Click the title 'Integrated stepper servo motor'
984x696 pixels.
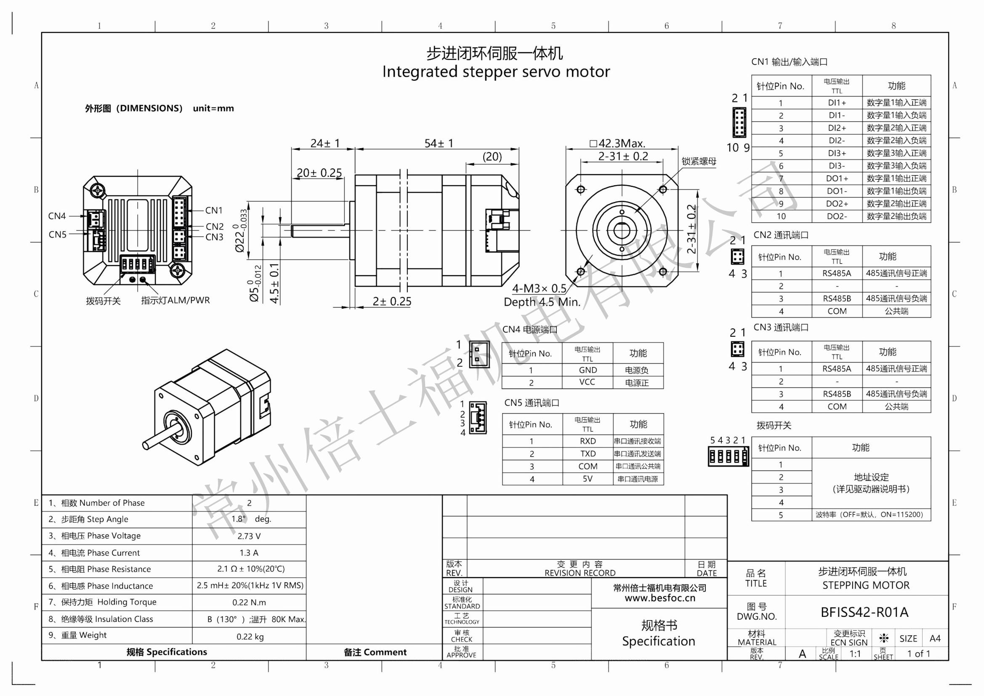[496, 72]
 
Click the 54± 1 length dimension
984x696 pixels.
[439, 143]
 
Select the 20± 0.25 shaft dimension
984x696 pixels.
[319, 173]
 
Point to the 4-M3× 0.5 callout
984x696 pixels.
[539, 288]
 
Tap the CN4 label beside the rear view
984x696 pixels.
[57, 216]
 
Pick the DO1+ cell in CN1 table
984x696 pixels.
[837, 179]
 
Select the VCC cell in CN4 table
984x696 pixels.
[587, 382]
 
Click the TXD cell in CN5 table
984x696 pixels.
[588, 454]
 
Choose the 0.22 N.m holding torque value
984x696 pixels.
[249, 603]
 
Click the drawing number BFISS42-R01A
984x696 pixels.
[864, 612]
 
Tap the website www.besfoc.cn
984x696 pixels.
[660, 598]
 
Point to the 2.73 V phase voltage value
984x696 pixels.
[249, 536]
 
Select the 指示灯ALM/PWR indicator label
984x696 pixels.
[175, 300]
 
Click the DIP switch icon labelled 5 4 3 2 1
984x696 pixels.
[728, 456]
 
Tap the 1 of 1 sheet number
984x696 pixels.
[918, 653]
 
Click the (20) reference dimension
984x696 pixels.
[492, 157]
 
